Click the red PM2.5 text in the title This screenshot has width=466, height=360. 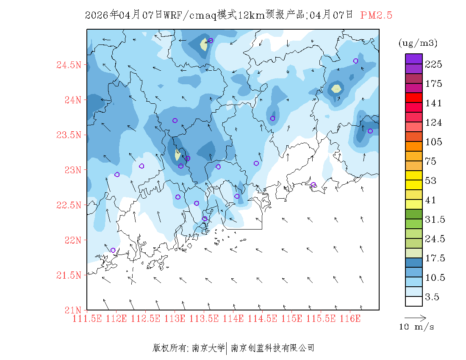click(376, 15)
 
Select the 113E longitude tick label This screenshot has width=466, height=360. click(175, 318)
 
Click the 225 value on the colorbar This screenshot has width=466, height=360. click(433, 64)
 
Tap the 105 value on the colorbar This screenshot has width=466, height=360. click(433, 142)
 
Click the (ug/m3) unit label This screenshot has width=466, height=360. click(418, 43)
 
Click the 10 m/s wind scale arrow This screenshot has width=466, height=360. click(415, 317)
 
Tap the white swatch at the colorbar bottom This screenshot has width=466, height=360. click(413, 301)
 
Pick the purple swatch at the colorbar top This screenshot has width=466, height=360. click(413, 58)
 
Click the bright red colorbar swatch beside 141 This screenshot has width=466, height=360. click(413, 97)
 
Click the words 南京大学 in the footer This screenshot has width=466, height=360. click(208, 348)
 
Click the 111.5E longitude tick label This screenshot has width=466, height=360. click(87, 318)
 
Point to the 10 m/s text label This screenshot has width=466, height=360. click(417, 327)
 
